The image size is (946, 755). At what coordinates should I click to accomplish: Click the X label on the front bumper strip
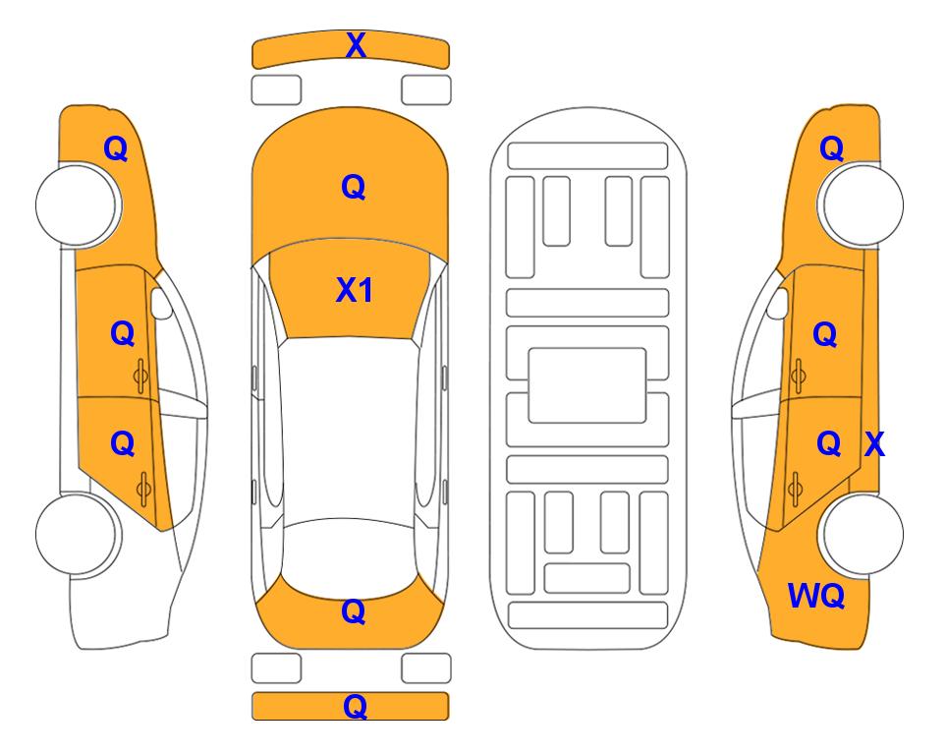[356, 45]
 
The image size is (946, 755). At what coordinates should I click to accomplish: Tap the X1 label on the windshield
[355, 290]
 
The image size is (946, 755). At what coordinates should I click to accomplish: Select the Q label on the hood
[354, 187]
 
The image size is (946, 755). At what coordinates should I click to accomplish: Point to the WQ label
[815, 596]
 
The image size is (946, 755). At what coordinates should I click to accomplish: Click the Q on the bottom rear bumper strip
[355, 706]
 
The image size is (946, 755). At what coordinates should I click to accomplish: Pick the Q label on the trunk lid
[354, 611]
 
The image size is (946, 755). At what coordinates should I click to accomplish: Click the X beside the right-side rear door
[874, 444]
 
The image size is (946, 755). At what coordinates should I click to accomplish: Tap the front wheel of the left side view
[79, 205]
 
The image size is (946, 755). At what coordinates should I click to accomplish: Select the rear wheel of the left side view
[79, 534]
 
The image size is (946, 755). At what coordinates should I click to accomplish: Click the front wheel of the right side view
[861, 204]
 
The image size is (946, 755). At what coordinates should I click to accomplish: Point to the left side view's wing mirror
[160, 303]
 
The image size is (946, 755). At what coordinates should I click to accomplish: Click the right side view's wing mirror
[778, 303]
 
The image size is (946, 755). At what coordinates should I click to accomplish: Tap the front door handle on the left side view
[140, 376]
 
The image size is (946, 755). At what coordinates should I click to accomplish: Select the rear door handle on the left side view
[143, 489]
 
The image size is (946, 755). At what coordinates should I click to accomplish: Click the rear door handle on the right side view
[795, 489]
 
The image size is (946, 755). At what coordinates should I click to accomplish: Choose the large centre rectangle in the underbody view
[587, 385]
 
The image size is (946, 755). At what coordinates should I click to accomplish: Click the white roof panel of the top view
[349, 432]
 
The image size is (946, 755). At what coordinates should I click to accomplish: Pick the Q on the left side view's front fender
[116, 148]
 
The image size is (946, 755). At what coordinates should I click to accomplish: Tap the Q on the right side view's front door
[825, 334]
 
